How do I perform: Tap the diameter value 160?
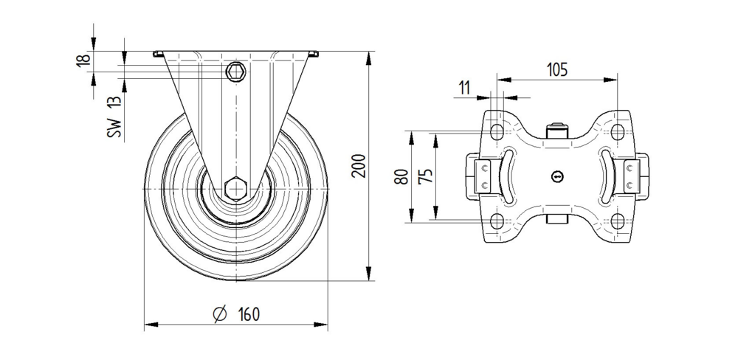(x=248, y=314)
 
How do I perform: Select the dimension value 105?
(x=556, y=70)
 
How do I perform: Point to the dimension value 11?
(x=464, y=88)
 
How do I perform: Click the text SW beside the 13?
(x=113, y=128)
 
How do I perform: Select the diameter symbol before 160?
(x=219, y=314)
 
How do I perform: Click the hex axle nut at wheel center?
(x=236, y=189)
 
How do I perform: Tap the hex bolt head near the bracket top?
(x=236, y=71)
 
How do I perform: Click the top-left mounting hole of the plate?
(x=497, y=131)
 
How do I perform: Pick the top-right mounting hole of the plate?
(x=618, y=131)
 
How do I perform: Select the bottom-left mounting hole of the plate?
(x=497, y=221)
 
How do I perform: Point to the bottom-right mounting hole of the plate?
(x=618, y=221)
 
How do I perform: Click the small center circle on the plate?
(x=557, y=176)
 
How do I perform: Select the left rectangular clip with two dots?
(x=484, y=176)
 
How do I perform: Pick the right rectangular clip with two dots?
(x=630, y=176)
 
